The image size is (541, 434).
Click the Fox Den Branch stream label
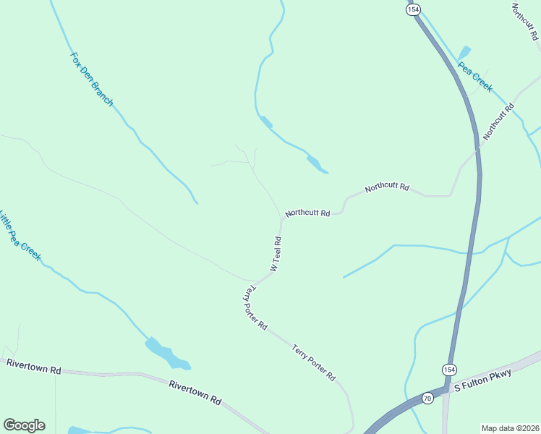[91, 79]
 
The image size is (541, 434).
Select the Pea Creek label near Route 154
[475, 75]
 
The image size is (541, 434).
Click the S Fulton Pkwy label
[482, 381]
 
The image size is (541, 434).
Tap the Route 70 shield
[427, 397]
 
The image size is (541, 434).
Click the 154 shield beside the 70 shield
[449, 368]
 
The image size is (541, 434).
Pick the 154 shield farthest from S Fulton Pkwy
[412, 9]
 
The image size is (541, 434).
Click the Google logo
[24, 425]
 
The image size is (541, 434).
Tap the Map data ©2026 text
[510, 427]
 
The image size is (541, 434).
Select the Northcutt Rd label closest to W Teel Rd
[307, 213]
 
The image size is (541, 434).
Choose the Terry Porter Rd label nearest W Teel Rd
[254, 307]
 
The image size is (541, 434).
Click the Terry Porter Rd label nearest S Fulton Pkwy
[314, 362]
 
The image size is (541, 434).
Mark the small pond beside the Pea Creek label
[464, 53]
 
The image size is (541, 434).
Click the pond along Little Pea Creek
[166, 354]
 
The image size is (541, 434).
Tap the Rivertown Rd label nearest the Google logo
[33, 367]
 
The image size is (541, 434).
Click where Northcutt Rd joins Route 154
[477, 150]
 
